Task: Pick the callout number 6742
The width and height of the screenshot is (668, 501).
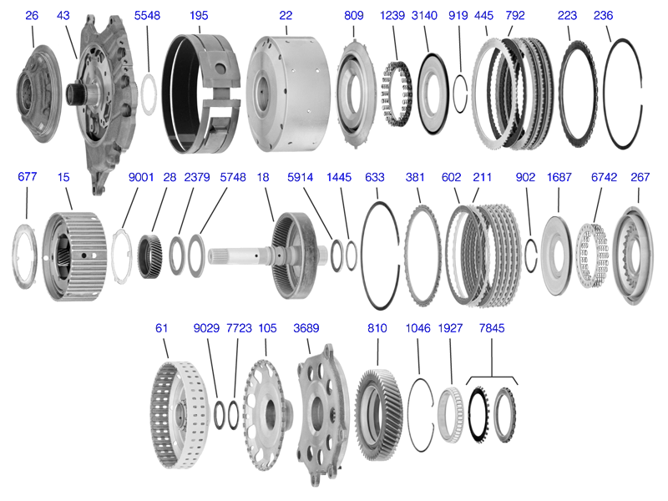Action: click(604, 177)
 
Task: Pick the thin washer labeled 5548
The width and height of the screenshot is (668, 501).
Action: click(149, 91)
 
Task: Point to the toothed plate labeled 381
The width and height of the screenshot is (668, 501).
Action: click(423, 250)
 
